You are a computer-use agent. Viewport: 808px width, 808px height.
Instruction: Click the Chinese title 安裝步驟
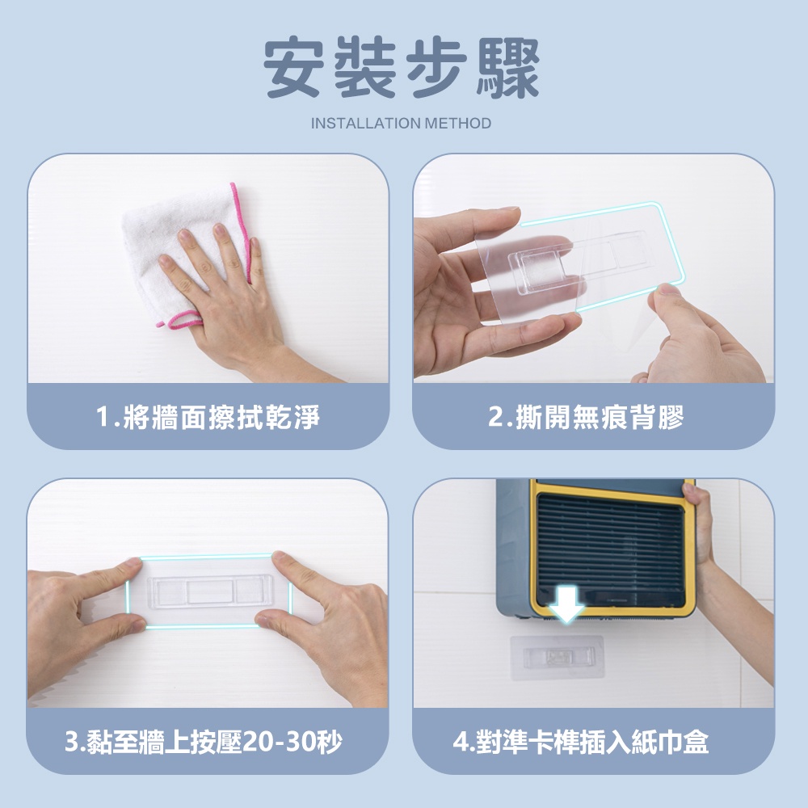point(402,68)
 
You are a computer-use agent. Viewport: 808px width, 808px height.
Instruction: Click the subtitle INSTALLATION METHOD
point(401,124)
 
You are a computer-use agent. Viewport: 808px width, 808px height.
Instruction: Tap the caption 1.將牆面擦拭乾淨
point(208,417)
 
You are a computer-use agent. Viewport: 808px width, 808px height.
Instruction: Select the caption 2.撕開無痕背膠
point(587,417)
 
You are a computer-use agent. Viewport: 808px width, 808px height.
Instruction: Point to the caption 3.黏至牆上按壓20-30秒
point(204,742)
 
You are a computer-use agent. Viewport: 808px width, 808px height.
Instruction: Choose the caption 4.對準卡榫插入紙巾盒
point(581,742)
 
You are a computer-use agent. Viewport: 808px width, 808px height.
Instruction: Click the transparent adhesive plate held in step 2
point(579,263)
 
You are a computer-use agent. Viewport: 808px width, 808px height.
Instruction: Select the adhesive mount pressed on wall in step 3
point(208,591)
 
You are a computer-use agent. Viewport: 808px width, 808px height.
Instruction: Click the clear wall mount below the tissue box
point(557,658)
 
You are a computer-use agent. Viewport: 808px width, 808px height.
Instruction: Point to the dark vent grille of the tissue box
point(611,549)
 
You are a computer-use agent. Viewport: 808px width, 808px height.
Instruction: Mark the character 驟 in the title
point(507,68)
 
